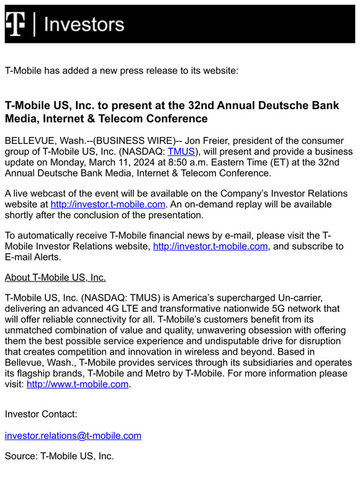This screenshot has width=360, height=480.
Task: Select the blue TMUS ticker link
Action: (181, 152)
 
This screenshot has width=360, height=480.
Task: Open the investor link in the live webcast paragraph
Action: (108, 204)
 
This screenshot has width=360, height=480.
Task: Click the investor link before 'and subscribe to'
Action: (210, 246)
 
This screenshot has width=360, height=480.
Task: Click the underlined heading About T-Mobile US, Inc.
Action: (55, 277)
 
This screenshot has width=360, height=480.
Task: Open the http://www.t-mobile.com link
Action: (78, 384)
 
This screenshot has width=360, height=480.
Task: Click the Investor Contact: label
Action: (41, 414)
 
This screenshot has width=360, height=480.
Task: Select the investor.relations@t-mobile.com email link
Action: (73, 435)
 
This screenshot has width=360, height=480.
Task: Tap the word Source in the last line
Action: (20, 456)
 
